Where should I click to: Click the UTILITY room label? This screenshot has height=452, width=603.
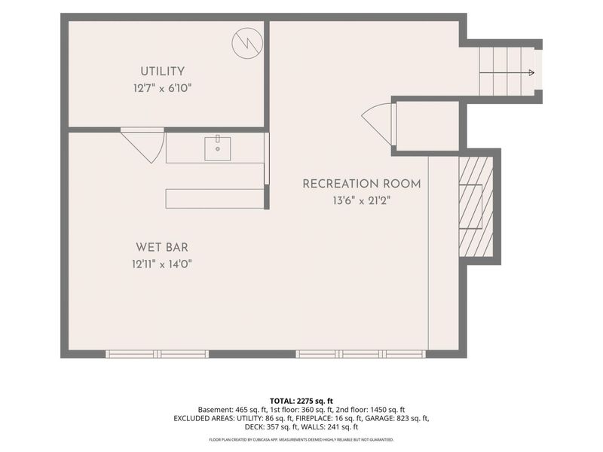click(x=162, y=72)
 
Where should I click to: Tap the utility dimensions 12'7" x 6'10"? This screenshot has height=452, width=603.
click(x=162, y=88)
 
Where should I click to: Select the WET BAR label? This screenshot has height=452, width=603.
click(x=162, y=247)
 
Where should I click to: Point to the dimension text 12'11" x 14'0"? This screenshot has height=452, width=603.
click(x=162, y=264)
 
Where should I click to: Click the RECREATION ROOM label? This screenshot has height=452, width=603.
click(x=362, y=184)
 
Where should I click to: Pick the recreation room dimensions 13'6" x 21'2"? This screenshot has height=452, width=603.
click(x=362, y=200)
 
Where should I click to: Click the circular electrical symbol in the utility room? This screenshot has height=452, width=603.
click(x=247, y=43)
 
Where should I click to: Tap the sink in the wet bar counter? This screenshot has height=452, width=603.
click(x=217, y=148)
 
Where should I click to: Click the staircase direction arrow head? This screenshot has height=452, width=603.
click(x=531, y=72)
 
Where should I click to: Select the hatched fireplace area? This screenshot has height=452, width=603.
click(x=476, y=206)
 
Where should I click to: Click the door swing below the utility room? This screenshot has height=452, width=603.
click(x=143, y=145)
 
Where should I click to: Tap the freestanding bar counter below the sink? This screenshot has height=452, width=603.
click(x=215, y=199)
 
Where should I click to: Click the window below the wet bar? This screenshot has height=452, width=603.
click(x=158, y=354)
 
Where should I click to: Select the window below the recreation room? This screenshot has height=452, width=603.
click(x=361, y=354)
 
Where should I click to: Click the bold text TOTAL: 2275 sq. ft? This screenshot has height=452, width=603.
click(x=301, y=402)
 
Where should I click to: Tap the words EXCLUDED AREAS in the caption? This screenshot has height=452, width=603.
click(x=204, y=418)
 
